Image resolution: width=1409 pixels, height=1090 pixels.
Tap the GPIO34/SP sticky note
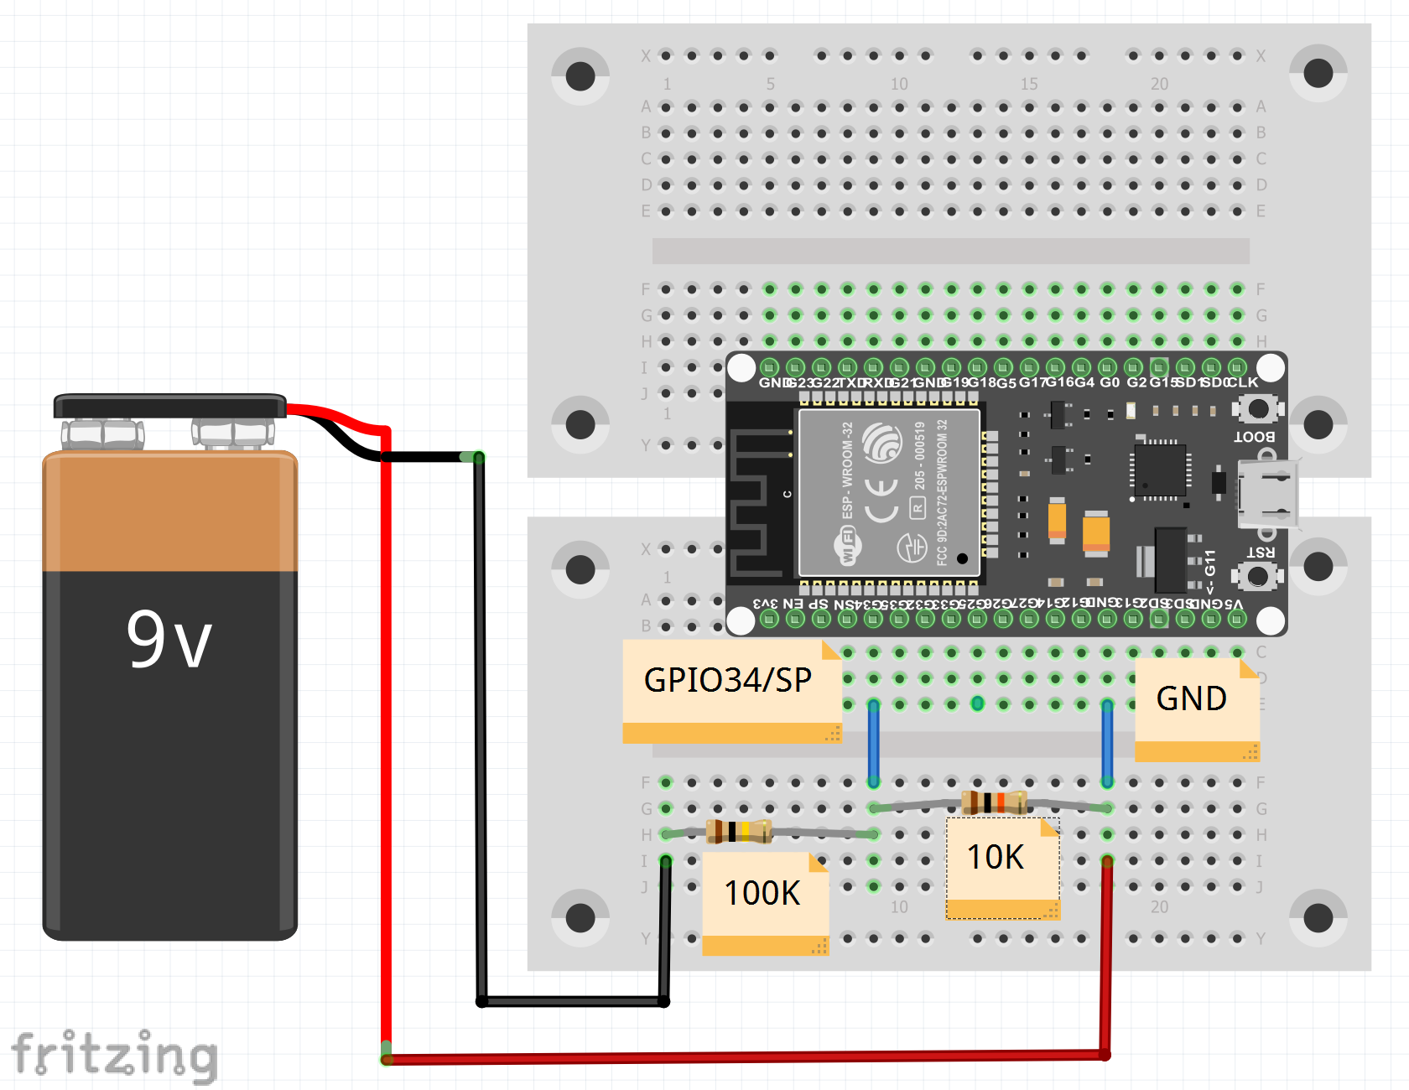pos(728,681)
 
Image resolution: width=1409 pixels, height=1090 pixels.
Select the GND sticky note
pos(1192,699)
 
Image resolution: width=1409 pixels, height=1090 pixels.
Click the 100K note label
pos(762,894)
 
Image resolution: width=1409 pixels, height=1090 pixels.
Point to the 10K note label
pos(996,858)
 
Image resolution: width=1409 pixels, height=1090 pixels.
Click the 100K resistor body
pos(738,832)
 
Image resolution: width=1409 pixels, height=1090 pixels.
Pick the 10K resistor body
pos(994,802)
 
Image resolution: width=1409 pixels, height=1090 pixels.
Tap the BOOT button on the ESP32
pos(1258,409)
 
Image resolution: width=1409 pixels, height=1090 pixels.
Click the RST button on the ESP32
pos(1258,577)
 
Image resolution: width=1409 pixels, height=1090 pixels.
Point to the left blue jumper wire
pos(874,743)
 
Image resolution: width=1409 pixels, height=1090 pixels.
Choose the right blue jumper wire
pos(1107,743)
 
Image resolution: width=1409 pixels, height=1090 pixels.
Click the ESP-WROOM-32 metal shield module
pos(889,492)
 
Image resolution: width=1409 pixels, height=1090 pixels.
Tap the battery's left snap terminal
pos(102,433)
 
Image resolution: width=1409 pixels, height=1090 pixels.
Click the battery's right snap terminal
pos(233,433)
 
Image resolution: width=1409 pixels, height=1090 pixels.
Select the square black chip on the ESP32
pos(1160,470)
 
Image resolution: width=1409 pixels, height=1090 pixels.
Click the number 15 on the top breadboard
pos(1029,84)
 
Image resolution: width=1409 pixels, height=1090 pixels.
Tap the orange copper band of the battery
pos(170,512)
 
